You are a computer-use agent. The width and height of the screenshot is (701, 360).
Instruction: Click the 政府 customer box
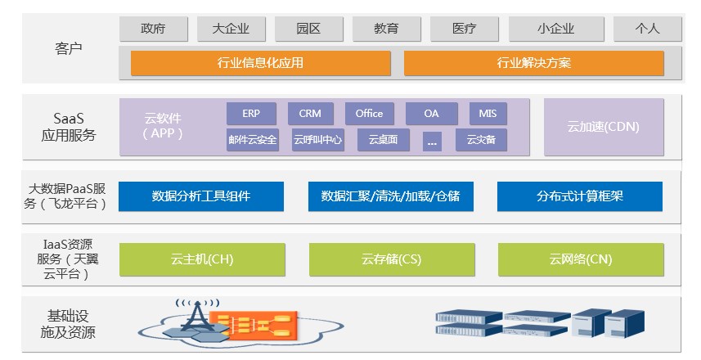[153, 29]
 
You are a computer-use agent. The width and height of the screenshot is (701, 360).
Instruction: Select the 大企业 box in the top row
[231, 29]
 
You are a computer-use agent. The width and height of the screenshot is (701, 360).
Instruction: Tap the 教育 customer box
[386, 29]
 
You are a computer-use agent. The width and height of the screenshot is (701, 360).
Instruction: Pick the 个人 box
[648, 29]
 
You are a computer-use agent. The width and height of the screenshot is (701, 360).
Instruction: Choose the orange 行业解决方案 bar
[533, 63]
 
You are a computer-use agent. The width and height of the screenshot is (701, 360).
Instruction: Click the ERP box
[251, 114]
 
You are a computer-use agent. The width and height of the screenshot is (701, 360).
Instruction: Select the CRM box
[310, 114]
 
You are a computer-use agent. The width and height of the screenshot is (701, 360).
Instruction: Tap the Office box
[369, 114]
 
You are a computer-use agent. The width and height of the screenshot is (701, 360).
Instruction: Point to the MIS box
[488, 114]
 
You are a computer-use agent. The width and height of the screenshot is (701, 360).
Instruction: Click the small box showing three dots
[432, 141]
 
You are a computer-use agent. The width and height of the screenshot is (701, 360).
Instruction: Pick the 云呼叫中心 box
[317, 140]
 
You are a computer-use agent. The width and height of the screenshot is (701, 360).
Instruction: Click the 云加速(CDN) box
[604, 127]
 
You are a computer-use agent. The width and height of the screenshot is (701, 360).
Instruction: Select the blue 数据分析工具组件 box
[201, 196]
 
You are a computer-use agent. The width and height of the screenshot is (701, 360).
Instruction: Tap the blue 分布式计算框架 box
[579, 196]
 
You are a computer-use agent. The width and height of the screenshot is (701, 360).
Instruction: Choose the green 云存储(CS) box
[391, 259]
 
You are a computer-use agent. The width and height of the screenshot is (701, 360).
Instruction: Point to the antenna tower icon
[195, 314]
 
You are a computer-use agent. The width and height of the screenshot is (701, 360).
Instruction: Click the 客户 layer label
[68, 48]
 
